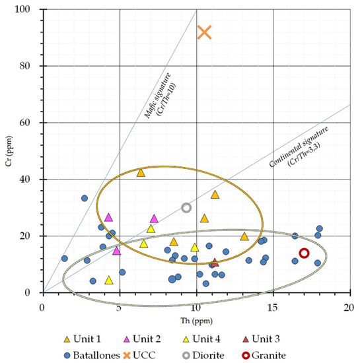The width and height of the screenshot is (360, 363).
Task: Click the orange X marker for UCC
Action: [x=204, y=32]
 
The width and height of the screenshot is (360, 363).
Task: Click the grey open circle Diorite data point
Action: [x=186, y=207]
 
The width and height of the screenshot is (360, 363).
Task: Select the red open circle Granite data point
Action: [x=304, y=253]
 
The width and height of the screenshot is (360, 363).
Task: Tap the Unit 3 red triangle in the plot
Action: [x=215, y=263]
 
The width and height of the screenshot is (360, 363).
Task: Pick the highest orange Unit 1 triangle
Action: [x=140, y=172]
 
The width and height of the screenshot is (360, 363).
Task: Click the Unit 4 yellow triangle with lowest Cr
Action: [x=109, y=280]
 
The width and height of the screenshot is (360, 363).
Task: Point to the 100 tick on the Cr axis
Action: [x=30, y=10]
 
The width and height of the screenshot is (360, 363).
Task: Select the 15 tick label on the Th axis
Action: [x=273, y=301]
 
